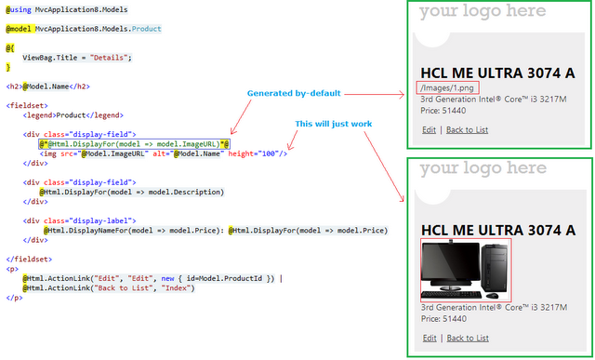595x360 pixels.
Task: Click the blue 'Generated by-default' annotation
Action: [x=294, y=94]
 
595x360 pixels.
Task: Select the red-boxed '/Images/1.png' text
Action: [x=443, y=87]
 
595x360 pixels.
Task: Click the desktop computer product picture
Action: [x=466, y=270]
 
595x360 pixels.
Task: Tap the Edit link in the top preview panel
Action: [x=428, y=129]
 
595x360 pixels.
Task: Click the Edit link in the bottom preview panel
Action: [x=428, y=339]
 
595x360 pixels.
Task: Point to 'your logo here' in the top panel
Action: [x=483, y=12]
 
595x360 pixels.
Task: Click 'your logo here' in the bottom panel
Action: [x=483, y=168]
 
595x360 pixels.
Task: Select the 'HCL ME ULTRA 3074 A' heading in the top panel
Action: [x=497, y=73]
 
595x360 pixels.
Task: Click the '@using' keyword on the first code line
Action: [x=20, y=9]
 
